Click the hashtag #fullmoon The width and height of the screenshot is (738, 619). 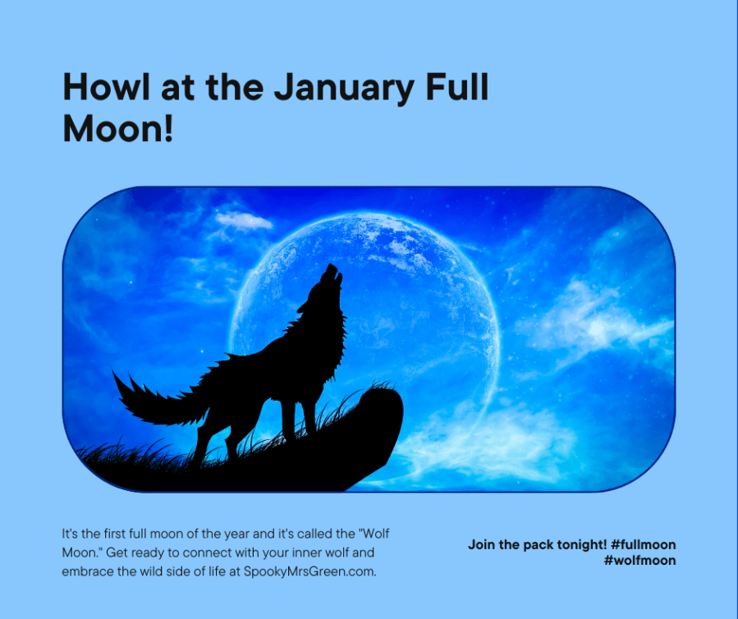(644, 544)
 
